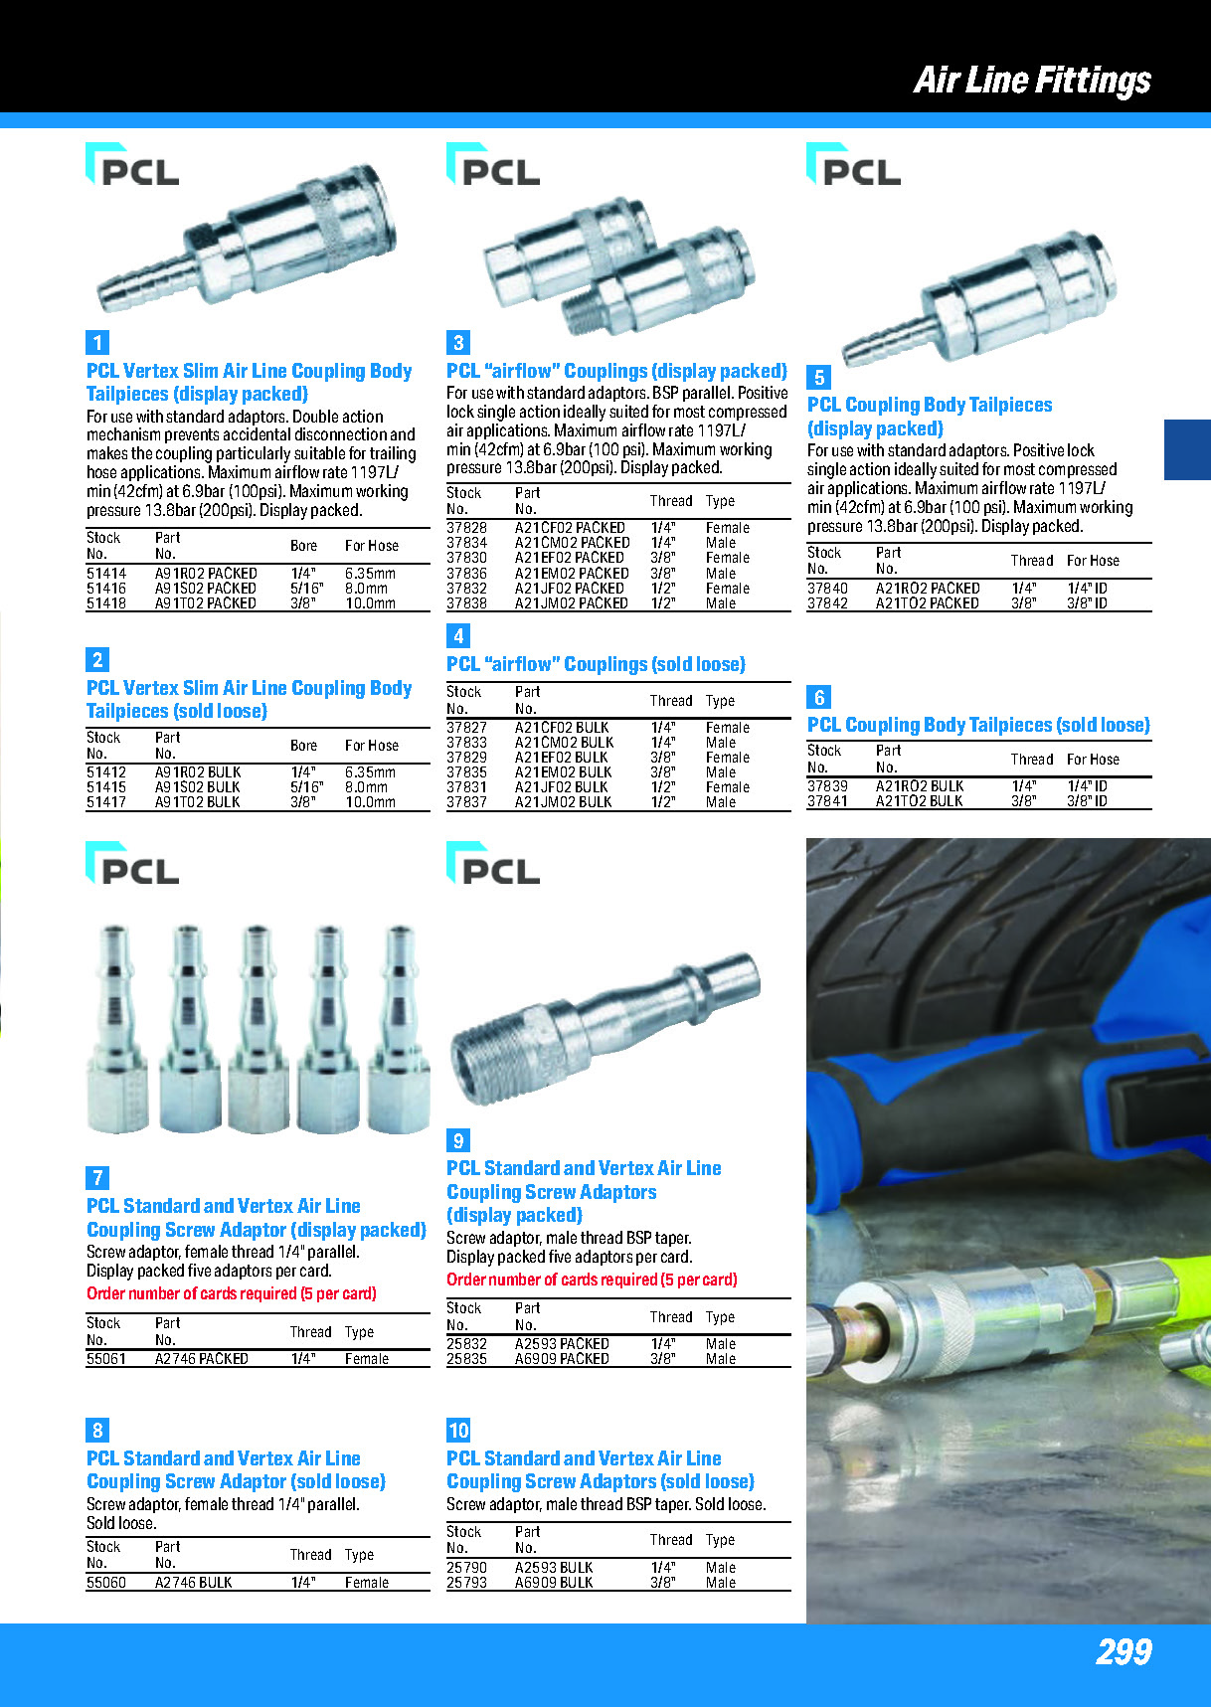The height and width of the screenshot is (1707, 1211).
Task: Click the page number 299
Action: [1124, 1651]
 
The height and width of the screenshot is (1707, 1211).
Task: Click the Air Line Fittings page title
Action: [1032, 80]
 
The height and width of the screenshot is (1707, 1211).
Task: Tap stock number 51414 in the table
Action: [106, 574]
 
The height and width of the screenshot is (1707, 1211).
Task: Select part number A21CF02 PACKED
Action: [570, 528]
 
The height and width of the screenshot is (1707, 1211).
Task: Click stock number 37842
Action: [827, 603]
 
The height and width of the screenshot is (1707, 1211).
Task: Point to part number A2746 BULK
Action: [193, 1583]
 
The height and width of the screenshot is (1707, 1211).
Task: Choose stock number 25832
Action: [466, 1344]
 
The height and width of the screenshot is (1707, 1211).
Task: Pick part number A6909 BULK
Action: [554, 1583]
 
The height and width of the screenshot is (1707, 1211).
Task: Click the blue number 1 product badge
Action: [97, 343]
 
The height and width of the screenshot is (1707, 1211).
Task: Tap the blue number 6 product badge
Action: [819, 697]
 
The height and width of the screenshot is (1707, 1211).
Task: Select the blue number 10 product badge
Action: [458, 1431]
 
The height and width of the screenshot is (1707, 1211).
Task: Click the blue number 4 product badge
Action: [458, 636]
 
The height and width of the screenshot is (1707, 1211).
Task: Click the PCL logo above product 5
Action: [854, 166]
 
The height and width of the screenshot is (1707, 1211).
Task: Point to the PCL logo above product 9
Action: [494, 864]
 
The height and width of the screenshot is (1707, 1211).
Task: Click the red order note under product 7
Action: [232, 1294]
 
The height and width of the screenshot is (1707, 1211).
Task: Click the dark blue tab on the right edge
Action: [1187, 450]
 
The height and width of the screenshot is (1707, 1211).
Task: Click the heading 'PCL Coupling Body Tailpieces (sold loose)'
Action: [978, 726]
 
